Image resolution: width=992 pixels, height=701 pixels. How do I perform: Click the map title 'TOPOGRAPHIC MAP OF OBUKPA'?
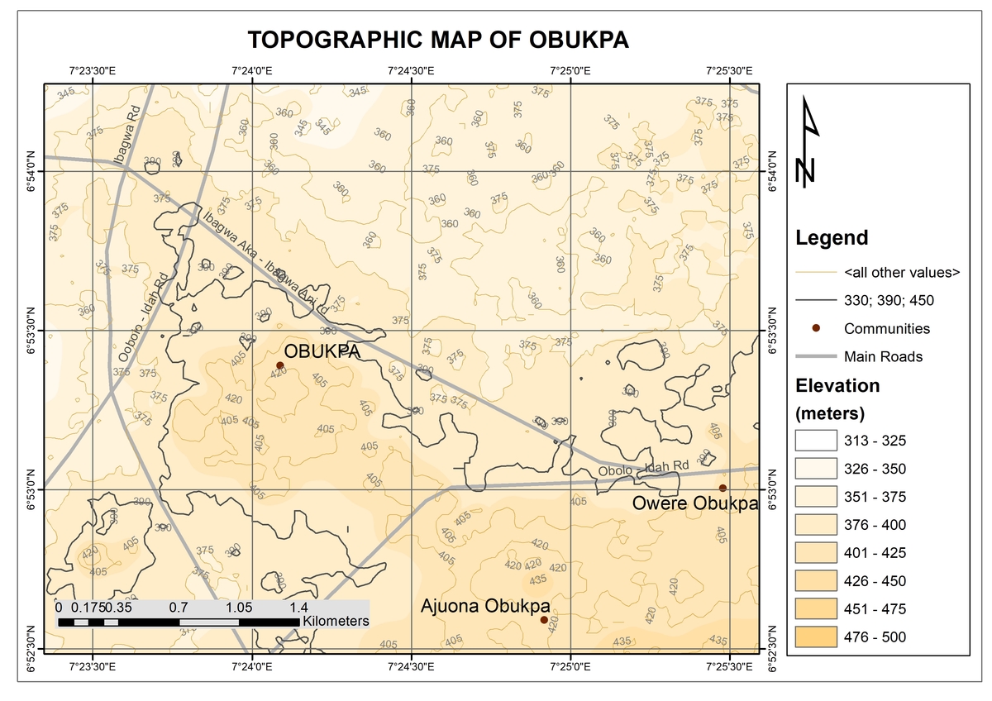point(438,41)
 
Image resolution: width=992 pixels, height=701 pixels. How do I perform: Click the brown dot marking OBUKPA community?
point(280,365)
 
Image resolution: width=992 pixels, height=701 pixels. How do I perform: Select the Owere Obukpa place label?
point(695,503)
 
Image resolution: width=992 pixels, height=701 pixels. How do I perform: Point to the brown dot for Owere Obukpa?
point(723,488)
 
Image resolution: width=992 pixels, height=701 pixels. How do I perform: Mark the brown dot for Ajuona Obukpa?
point(543,620)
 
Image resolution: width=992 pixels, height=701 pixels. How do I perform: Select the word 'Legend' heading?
point(832,239)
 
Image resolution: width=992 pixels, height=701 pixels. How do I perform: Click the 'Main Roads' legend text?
point(883,357)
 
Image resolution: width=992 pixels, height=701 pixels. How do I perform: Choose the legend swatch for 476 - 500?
point(813,637)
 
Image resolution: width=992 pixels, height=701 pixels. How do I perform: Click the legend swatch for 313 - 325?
point(813,440)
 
